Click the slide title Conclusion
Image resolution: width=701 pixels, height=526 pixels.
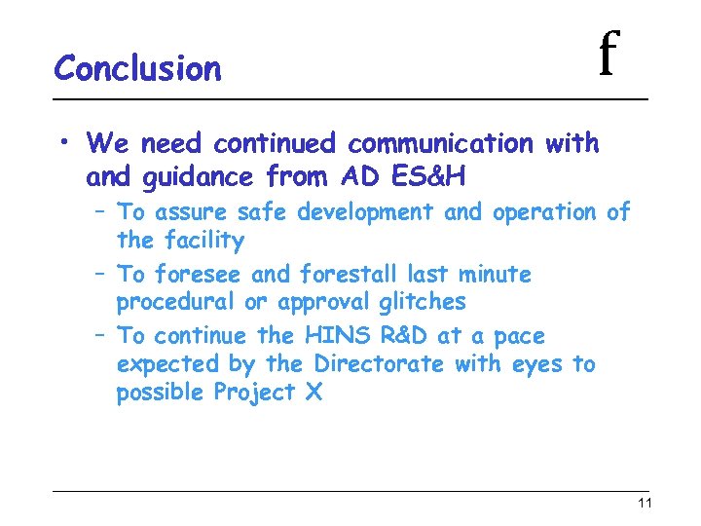click(137, 69)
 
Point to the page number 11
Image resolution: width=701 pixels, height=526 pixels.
click(644, 504)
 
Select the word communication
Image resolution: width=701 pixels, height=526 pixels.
click(440, 144)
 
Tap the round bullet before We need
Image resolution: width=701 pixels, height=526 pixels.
click(61, 144)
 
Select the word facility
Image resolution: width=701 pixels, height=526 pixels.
click(204, 241)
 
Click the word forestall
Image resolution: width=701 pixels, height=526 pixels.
click(351, 275)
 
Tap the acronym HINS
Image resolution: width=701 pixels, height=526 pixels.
click(337, 337)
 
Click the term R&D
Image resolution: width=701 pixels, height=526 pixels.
click(402, 337)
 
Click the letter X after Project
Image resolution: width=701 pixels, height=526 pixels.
click(314, 394)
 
